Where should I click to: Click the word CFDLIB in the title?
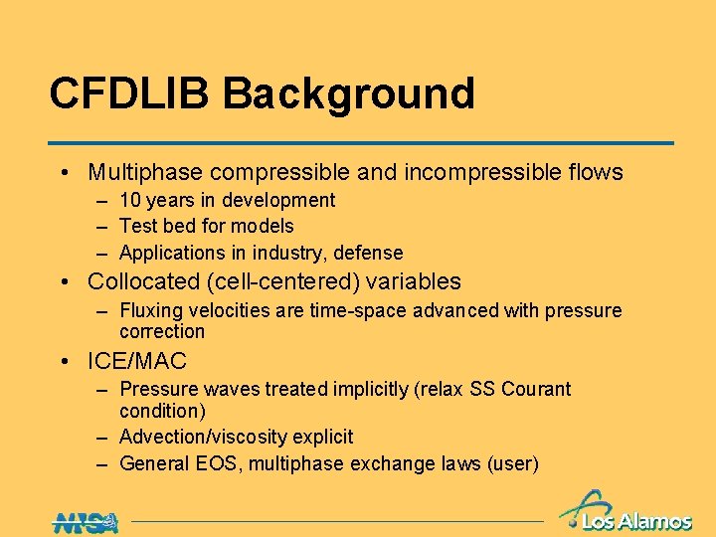[x=130, y=93]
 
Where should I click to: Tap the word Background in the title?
[x=348, y=93]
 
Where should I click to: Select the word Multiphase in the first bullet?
[x=141, y=172]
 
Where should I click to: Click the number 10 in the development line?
[x=130, y=200]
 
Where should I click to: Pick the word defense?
[x=370, y=253]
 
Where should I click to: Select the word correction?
[x=162, y=331]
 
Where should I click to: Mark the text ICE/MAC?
[x=137, y=361]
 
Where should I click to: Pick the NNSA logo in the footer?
[x=86, y=520]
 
